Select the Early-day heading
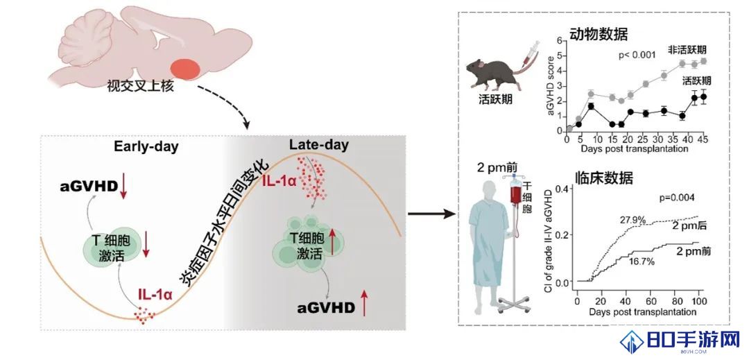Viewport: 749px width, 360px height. tap(146, 146)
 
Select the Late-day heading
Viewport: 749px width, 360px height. tap(320, 145)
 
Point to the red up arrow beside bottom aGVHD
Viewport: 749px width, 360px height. tap(365, 302)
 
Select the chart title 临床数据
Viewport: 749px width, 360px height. tap(604, 178)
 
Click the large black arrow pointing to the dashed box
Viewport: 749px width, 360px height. tap(430, 214)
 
